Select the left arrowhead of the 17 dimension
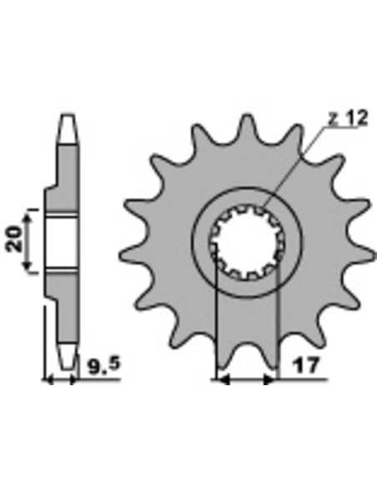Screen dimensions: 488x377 (224, 379)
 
